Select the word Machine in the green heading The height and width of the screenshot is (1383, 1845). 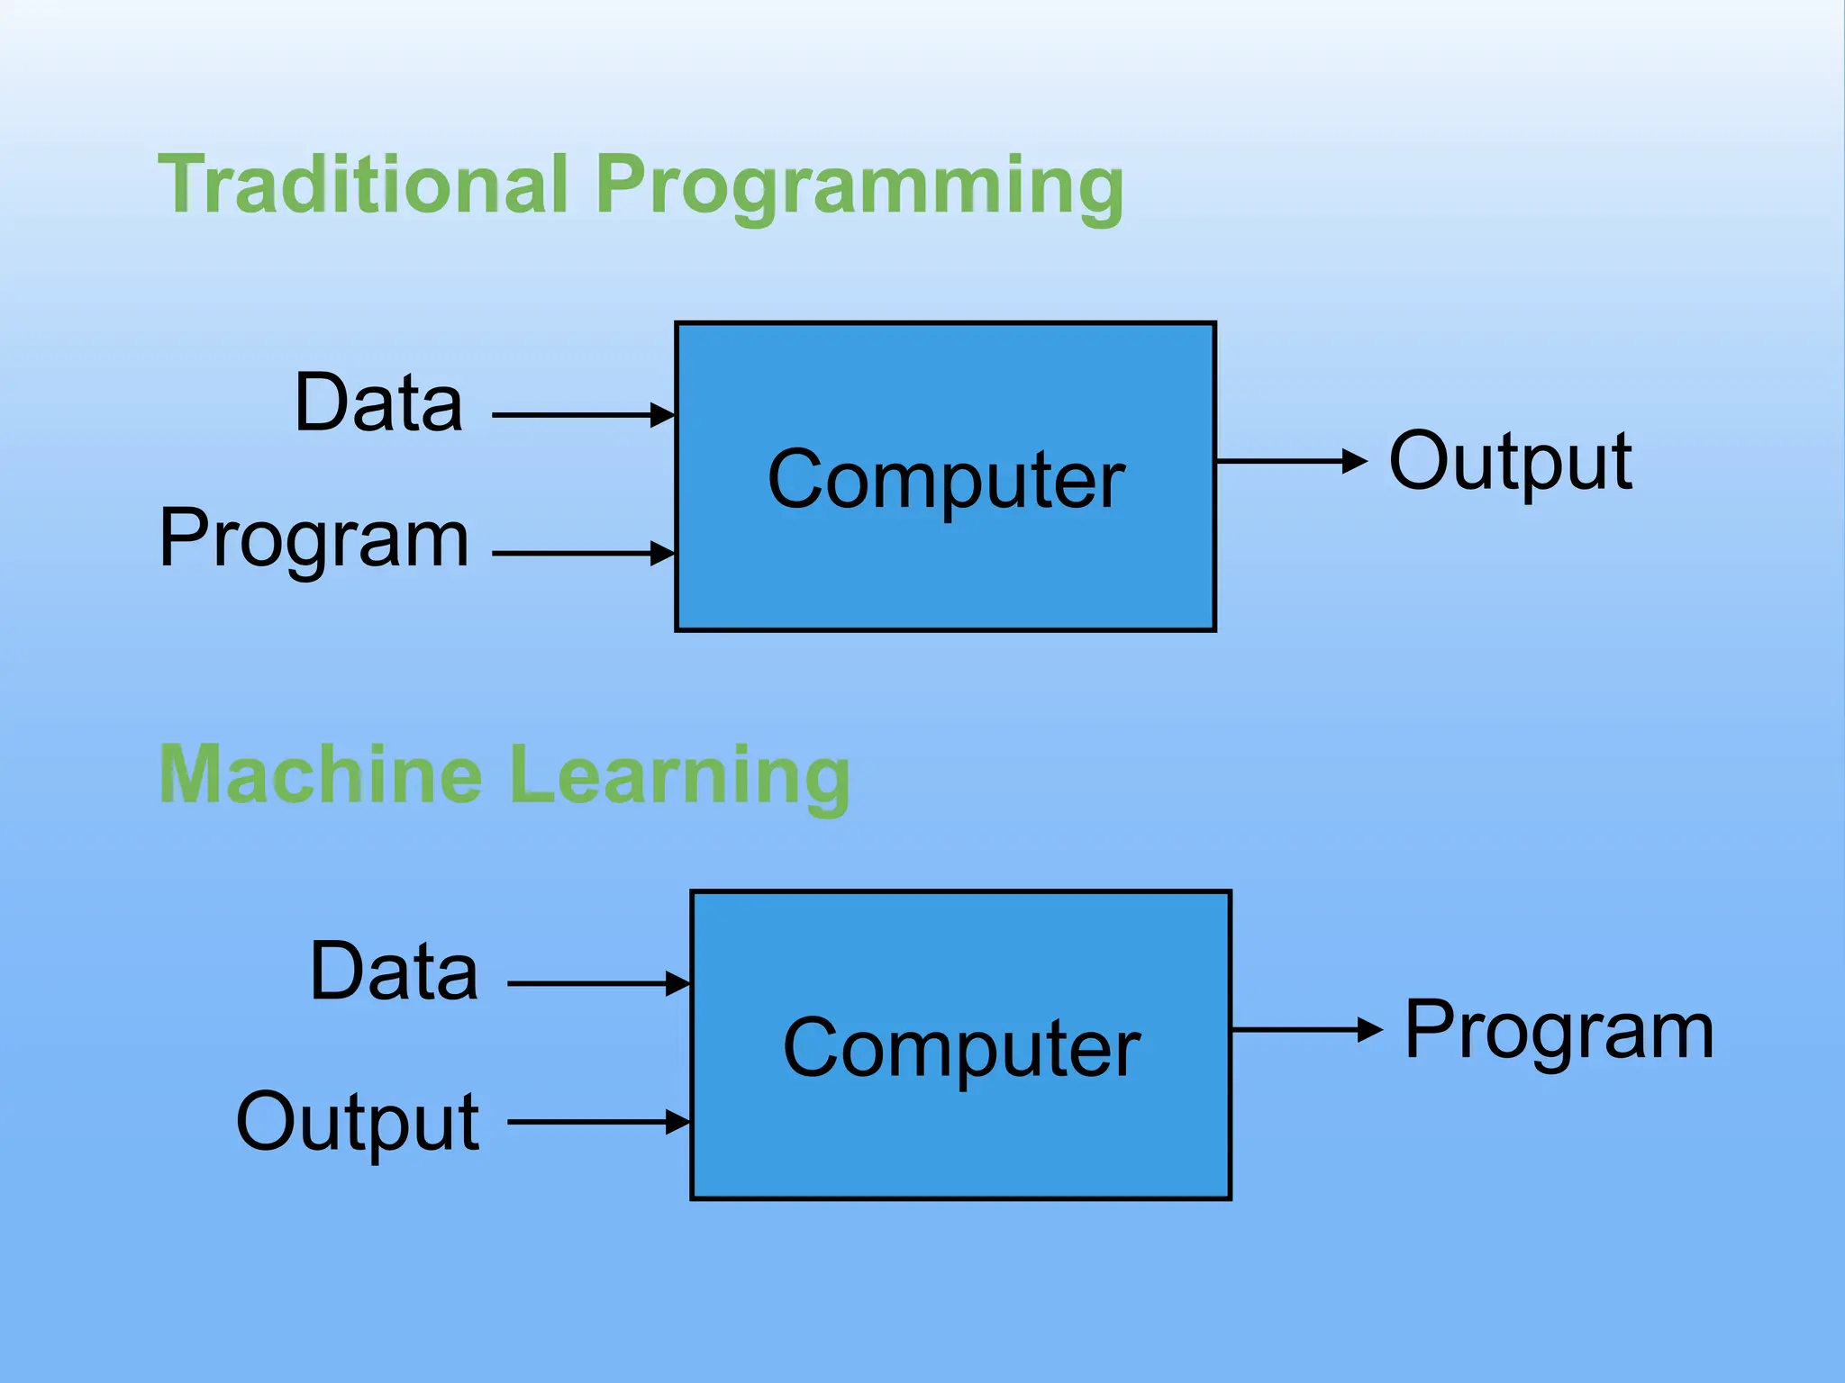click(321, 775)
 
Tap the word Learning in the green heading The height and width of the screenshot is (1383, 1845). click(679, 777)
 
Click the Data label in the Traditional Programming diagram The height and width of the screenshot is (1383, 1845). click(378, 402)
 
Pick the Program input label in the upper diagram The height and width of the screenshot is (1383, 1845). click(314, 539)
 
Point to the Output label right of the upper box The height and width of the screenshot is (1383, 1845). click(1510, 462)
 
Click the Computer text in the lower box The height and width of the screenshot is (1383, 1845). click(961, 1049)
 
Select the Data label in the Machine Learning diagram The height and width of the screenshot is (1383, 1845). click(394, 972)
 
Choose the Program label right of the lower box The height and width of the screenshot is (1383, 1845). click(1559, 1031)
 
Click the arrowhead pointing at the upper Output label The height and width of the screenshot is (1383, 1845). click(1355, 461)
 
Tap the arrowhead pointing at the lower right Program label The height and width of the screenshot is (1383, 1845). click(1370, 1029)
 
